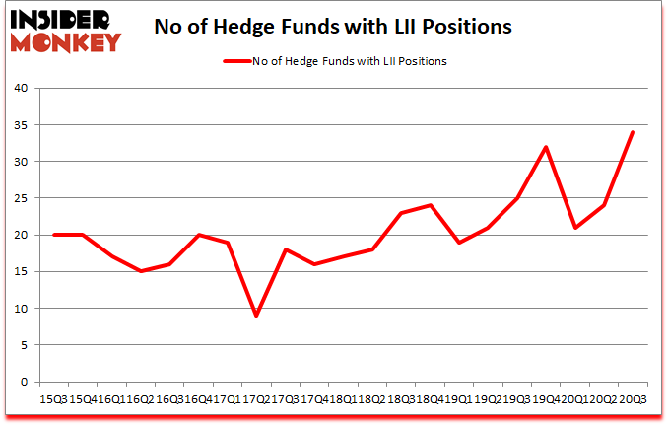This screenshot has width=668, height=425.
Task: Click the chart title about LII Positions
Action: point(333,27)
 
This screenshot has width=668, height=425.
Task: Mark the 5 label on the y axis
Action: point(24,345)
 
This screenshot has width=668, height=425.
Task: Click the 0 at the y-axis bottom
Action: point(24,382)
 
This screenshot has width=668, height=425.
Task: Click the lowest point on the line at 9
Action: point(257,316)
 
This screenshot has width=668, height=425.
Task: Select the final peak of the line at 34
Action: point(632,132)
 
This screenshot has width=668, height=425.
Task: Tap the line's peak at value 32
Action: point(545,147)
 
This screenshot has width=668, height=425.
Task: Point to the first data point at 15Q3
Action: point(55,235)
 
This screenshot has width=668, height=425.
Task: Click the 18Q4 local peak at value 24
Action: point(430,205)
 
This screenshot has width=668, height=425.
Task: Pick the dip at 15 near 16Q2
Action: point(142,271)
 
